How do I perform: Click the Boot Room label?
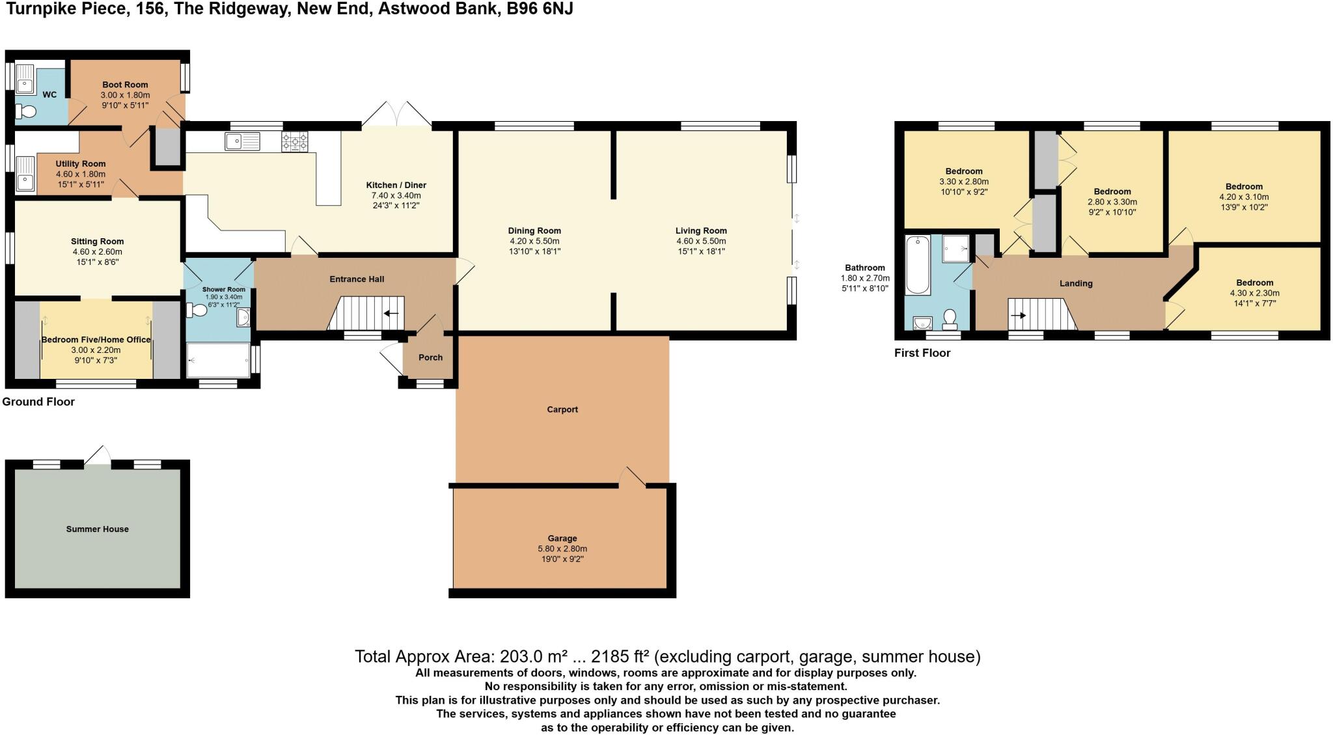125,85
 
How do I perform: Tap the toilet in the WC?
27,112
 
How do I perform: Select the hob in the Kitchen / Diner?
294,142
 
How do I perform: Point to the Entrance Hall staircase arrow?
391,314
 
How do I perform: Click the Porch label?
430,357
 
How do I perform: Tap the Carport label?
562,409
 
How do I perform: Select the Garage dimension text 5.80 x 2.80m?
562,549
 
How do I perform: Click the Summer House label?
98,529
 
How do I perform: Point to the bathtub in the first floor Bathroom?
917,266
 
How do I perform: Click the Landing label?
1076,283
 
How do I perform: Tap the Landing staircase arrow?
1019,316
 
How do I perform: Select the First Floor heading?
922,353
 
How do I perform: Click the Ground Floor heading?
38,402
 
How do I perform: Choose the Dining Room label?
534,230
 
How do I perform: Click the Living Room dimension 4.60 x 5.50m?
701,241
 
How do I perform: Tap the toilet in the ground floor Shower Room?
197,311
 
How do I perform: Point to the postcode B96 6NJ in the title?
540,9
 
